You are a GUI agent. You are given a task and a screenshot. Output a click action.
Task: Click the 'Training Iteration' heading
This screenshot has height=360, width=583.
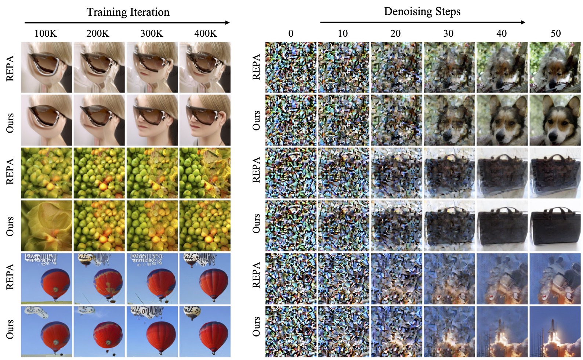click(x=128, y=12)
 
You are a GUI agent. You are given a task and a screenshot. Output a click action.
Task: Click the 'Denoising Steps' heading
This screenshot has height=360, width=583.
click(x=422, y=11)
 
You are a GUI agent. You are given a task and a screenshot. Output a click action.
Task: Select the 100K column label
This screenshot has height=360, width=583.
click(x=46, y=33)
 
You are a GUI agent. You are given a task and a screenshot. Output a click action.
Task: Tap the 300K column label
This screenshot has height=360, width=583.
click(x=152, y=33)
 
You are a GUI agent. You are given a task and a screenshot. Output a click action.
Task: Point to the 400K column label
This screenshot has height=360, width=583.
click(x=205, y=33)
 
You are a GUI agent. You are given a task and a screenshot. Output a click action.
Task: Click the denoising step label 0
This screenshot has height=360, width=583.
click(x=290, y=33)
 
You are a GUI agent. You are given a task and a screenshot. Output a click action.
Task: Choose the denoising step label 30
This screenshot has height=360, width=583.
click(x=448, y=33)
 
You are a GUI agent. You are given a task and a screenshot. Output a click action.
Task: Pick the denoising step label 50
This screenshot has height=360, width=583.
click(x=555, y=33)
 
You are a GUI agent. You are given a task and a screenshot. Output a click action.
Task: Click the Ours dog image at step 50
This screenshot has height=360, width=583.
click(x=555, y=120)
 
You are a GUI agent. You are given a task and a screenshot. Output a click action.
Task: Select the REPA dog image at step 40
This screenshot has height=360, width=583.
click(x=502, y=67)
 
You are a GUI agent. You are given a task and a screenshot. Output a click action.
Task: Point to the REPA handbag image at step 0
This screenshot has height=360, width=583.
click(x=290, y=173)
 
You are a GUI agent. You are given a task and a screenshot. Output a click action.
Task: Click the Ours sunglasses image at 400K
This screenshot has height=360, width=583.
click(x=205, y=120)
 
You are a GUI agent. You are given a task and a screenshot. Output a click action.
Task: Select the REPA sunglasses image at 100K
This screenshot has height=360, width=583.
click(x=47, y=67)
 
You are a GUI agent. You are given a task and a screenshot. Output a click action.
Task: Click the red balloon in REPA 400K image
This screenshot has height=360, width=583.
click(x=213, y=283)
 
